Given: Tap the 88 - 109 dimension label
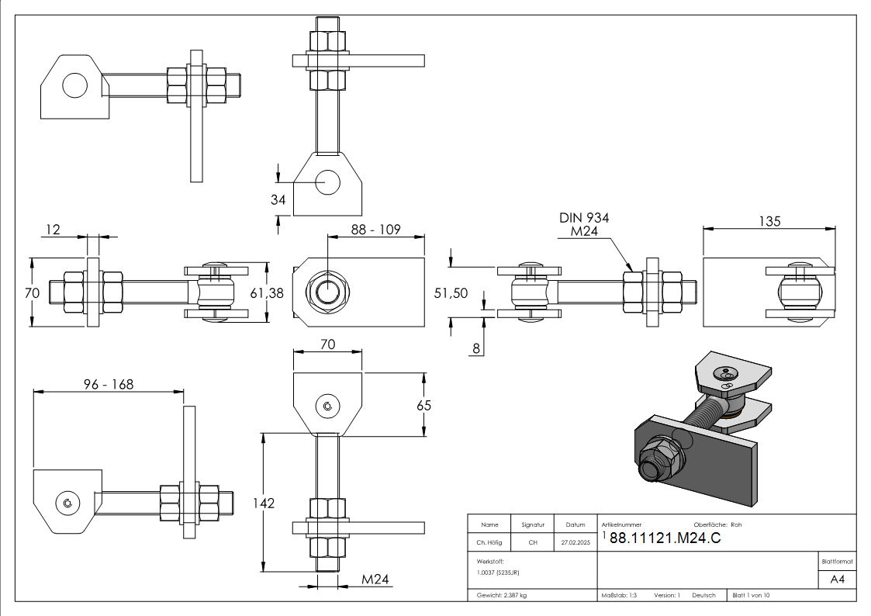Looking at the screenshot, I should click(376, 230).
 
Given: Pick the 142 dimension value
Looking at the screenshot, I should click(264, 504).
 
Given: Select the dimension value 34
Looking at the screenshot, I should click(278, 199).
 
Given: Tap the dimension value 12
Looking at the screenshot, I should click(53, 229).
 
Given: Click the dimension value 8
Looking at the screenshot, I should click(476, 348).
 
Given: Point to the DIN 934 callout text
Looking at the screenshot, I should click(584, 218).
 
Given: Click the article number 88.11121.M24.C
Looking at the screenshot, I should click(665, 539).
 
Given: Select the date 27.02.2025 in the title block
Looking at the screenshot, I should click(575, 542).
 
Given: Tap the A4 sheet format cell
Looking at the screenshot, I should click(838, 580).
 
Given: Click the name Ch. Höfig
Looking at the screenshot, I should click(489, 542).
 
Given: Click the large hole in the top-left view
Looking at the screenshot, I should click(74, 85).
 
